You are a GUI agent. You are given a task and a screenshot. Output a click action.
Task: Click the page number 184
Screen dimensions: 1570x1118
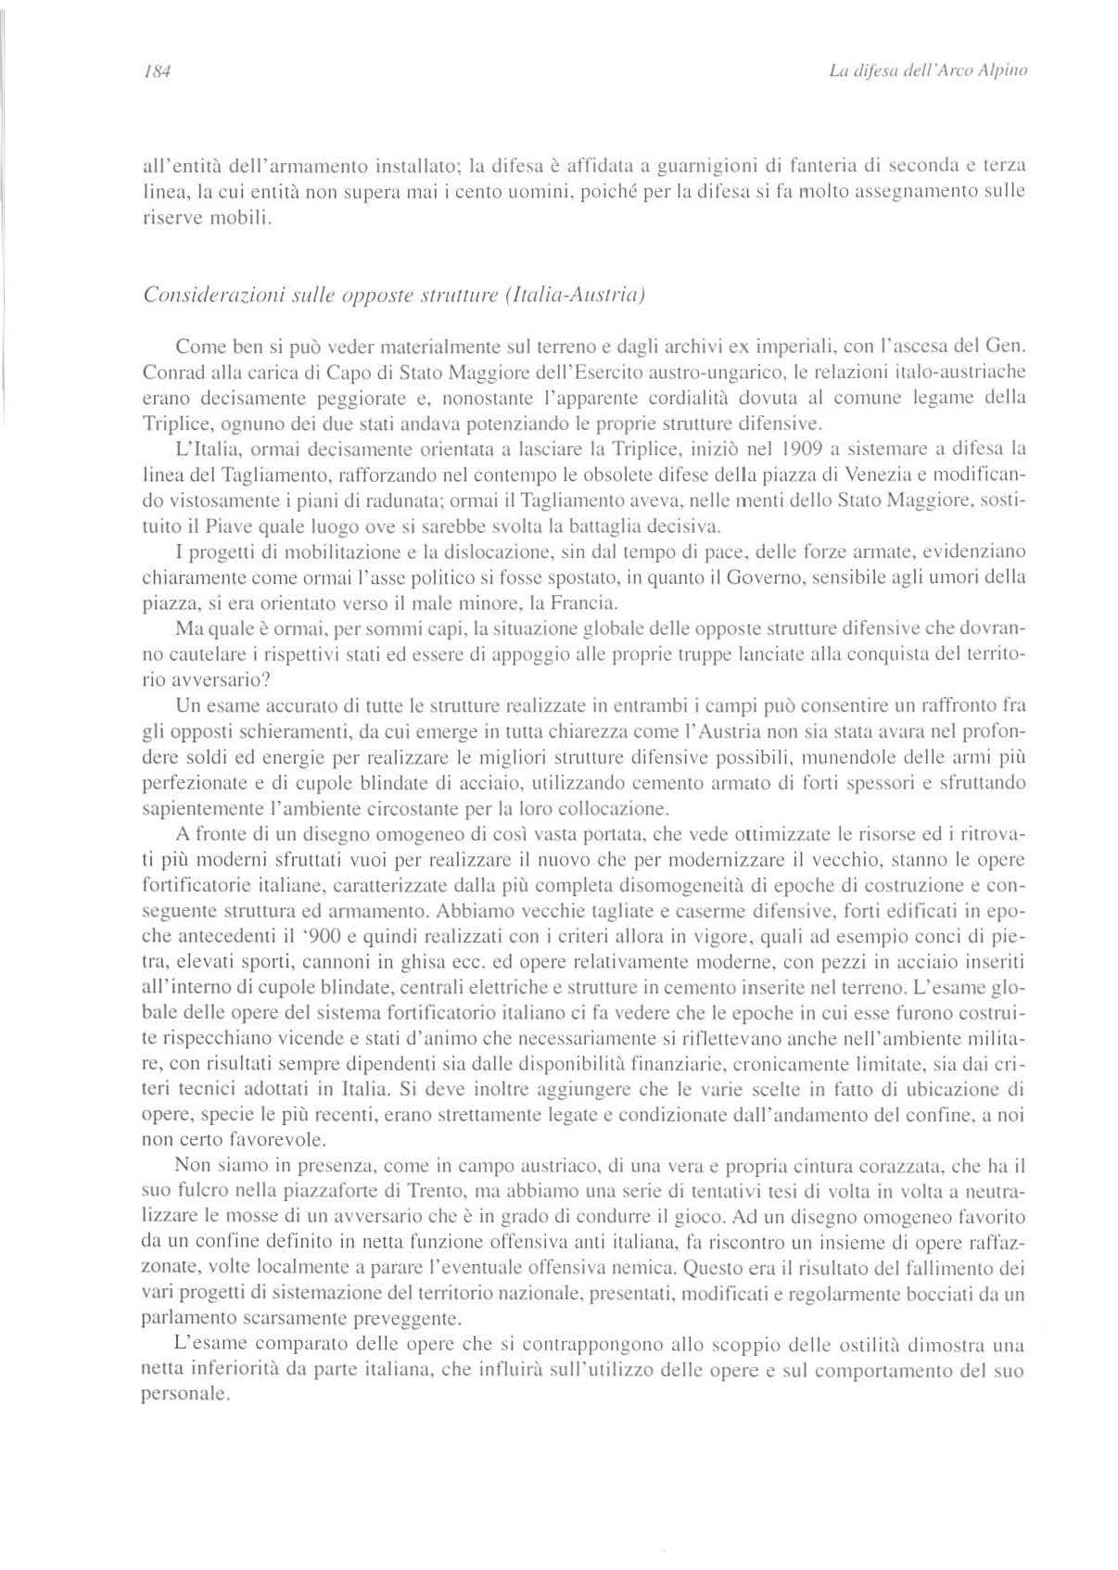pos(153,71)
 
